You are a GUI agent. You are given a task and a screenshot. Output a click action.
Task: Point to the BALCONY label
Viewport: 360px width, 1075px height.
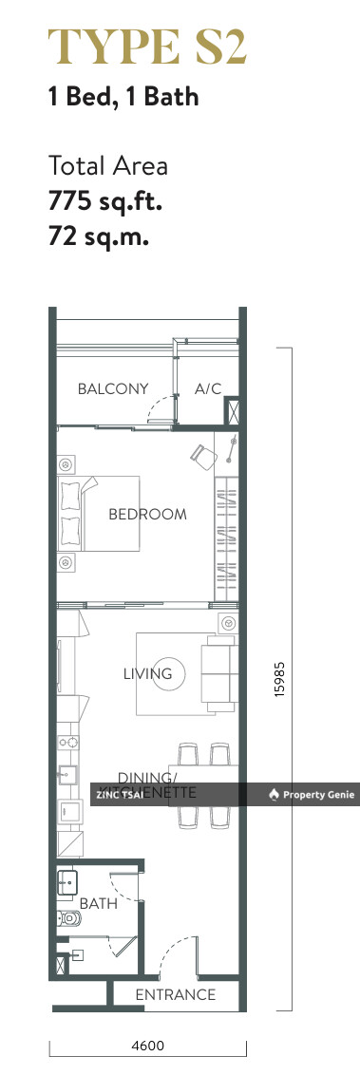tap(113, 388)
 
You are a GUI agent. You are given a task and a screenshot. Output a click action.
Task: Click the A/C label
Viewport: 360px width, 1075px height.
tap(207, 388)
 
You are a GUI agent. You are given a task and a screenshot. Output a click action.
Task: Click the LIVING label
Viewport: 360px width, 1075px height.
tap(147, 673)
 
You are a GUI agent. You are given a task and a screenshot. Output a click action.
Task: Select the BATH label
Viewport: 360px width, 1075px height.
tap(98, 903)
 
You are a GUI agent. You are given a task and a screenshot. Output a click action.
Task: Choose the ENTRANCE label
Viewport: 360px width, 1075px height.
tap(175, 994)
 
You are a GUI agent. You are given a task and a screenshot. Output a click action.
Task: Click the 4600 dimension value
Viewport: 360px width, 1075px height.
tap(148, 1046)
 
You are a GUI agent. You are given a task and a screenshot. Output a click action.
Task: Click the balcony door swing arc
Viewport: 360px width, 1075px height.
tap(161, 406)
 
